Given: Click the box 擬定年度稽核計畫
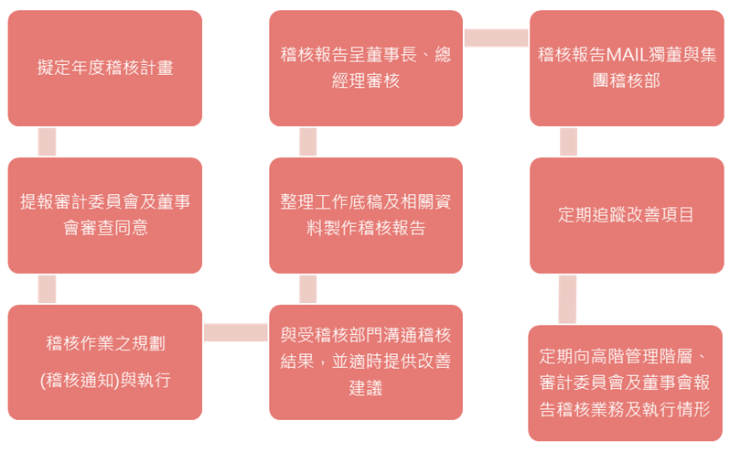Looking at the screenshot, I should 105,68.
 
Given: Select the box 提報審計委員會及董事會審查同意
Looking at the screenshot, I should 105,215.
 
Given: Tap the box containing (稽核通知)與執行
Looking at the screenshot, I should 105,362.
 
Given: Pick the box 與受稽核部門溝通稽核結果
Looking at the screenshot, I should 366,362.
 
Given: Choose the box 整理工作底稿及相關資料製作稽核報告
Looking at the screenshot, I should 366,215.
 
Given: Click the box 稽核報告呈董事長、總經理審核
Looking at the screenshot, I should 366,68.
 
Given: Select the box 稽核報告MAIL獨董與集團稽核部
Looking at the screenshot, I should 626,68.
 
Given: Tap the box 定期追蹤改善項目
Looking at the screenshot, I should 626,215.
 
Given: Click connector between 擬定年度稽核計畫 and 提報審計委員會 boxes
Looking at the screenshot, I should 47,142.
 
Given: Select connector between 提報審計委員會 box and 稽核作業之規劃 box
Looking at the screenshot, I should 47,289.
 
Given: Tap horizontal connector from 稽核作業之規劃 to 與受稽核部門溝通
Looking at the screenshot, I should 235,332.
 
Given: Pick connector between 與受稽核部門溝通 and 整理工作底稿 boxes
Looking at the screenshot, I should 307,289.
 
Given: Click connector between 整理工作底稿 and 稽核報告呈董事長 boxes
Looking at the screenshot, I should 307,142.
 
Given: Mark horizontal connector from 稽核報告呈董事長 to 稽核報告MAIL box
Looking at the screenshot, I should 496,38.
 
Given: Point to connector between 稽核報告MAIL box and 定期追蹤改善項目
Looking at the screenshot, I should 568,142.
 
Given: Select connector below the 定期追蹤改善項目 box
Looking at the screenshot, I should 568,299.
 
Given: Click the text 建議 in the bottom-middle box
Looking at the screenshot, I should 366,388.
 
